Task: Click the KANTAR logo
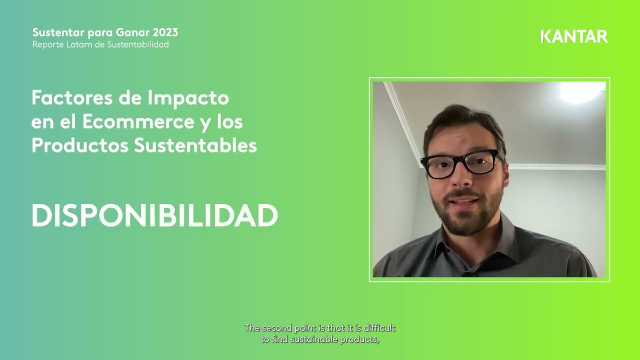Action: point(574,37)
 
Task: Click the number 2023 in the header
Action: point(165,33)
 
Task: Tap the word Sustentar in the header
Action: point(58,33)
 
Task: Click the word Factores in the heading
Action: point(72,98)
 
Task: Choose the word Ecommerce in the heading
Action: point(138,122)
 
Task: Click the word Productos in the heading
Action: point(80,146)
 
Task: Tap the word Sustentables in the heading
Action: point(195,146)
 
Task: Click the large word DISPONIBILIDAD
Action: point(155,216)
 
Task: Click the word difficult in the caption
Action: point(380,328)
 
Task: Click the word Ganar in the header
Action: point(132,33)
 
